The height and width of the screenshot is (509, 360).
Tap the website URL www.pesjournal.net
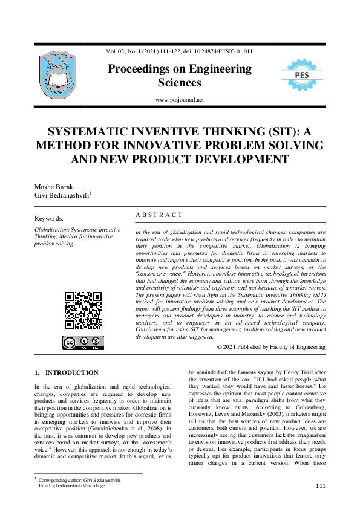click(180, 100)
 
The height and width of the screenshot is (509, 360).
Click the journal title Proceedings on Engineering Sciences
click(180, 76)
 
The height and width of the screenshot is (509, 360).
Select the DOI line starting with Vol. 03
click(180, 51)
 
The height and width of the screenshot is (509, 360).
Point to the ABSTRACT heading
click(159, 215)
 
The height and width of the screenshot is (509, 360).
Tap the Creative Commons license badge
click(83, 343)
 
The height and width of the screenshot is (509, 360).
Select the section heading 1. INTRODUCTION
click(67, 373)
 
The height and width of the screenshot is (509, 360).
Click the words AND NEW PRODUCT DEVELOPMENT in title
click(180, 160)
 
